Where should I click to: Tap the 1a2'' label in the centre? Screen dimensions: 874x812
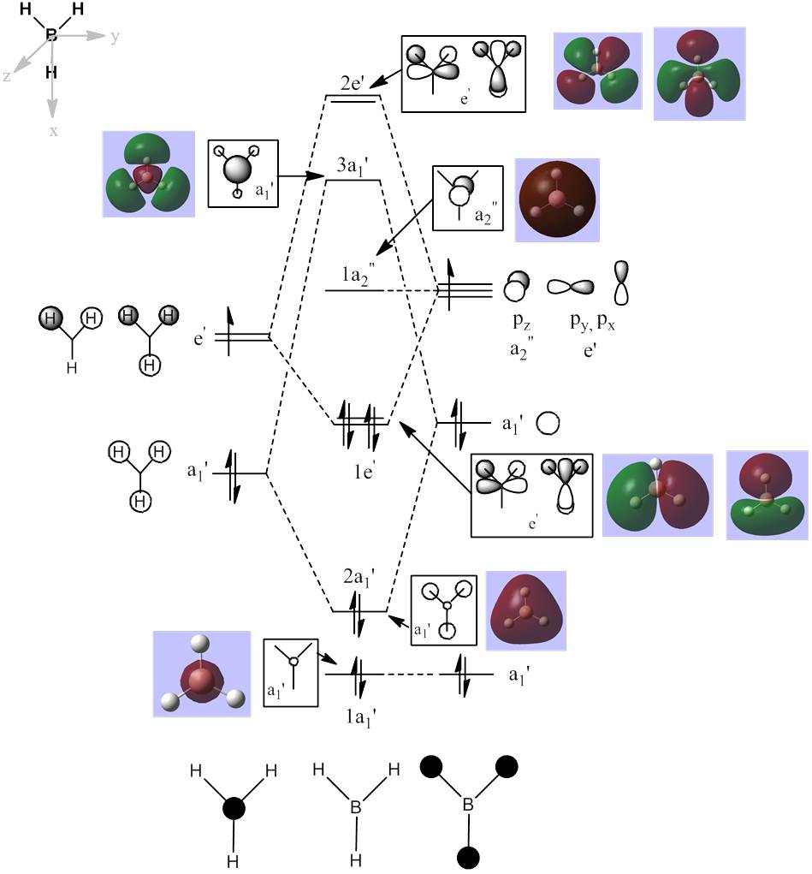(x=357, y=276)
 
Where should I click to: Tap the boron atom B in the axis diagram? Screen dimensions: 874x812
(x=51, y=35)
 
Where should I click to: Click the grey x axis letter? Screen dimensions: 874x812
(x=53, y=131)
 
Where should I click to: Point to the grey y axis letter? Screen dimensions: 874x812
(x=114, y=37)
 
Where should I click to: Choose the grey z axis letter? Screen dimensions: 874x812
(x=7, y=76)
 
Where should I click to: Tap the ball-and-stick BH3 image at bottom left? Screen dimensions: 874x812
(x=201, y=674)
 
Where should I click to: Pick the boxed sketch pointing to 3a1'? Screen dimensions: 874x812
(x=242, y=173)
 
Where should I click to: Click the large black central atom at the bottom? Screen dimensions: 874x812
(x=234, y=808)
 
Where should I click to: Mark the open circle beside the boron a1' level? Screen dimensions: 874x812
(x=548, y=423)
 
